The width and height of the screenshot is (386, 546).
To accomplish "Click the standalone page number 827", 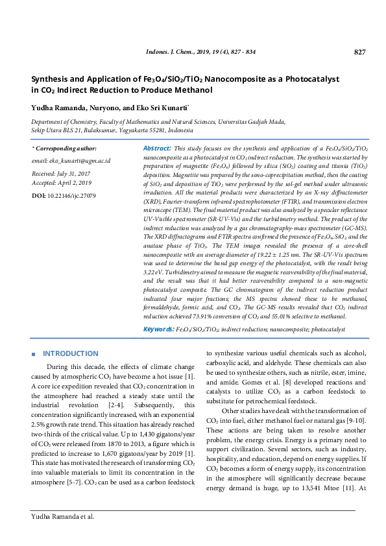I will pos(361,52).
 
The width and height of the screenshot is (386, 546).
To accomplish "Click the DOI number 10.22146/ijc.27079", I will pos(72,195).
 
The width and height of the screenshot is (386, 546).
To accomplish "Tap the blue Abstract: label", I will pos(157,148).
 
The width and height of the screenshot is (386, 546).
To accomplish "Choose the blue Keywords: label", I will pos(158,329).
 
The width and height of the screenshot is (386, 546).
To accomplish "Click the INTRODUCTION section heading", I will pos(70,353).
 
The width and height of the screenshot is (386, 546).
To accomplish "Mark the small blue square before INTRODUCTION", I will pos(34,354).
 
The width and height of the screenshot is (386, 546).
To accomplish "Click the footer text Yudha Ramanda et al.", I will pos(63,535).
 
